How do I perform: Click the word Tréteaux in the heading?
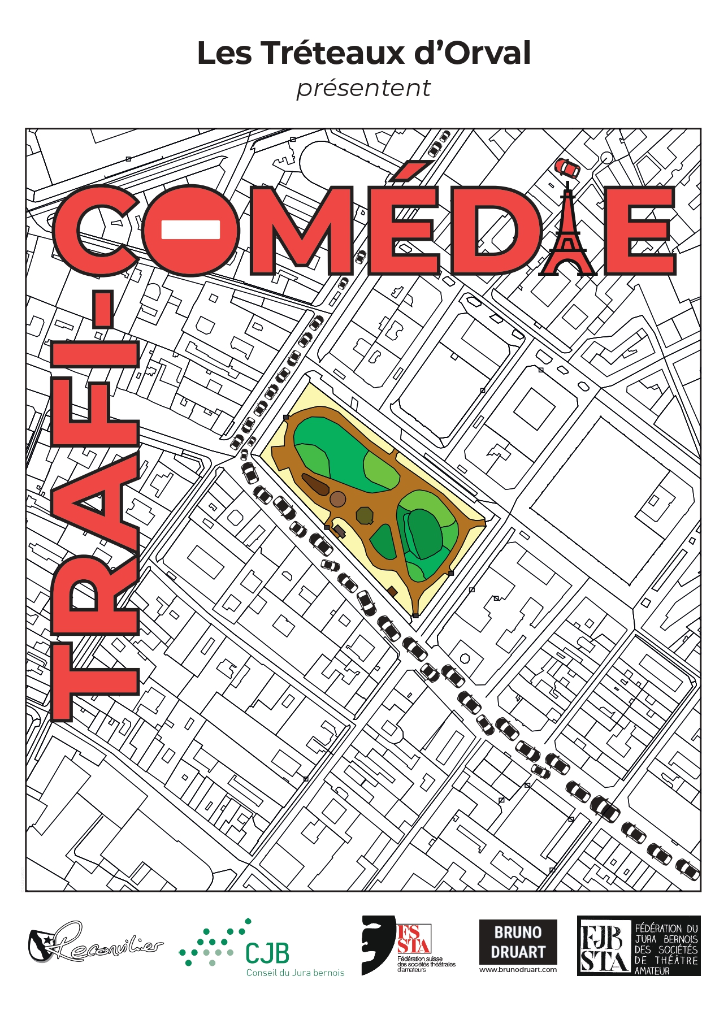pos(333,53)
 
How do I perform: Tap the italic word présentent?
pos(363,88)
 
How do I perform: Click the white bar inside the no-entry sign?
pos(190,229)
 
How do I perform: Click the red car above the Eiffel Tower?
pos(567,168)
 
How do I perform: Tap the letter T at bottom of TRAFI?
pos(95,681)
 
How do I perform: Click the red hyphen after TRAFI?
pos(102,309)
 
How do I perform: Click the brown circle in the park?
pos(337,499)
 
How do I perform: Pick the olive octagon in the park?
pos(365,515)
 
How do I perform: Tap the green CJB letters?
pos(267,953)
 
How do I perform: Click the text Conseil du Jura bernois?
pos(295,973)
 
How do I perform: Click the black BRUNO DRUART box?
pos(518,942)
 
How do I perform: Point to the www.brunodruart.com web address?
pos(518,969)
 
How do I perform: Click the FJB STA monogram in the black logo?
pos(604,945)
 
